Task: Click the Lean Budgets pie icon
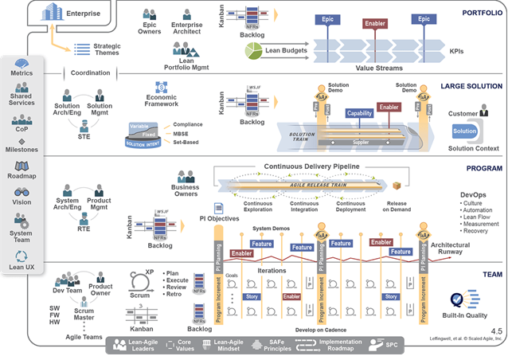point(254,51)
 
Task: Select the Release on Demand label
point(397,206)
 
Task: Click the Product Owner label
point(100,291)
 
